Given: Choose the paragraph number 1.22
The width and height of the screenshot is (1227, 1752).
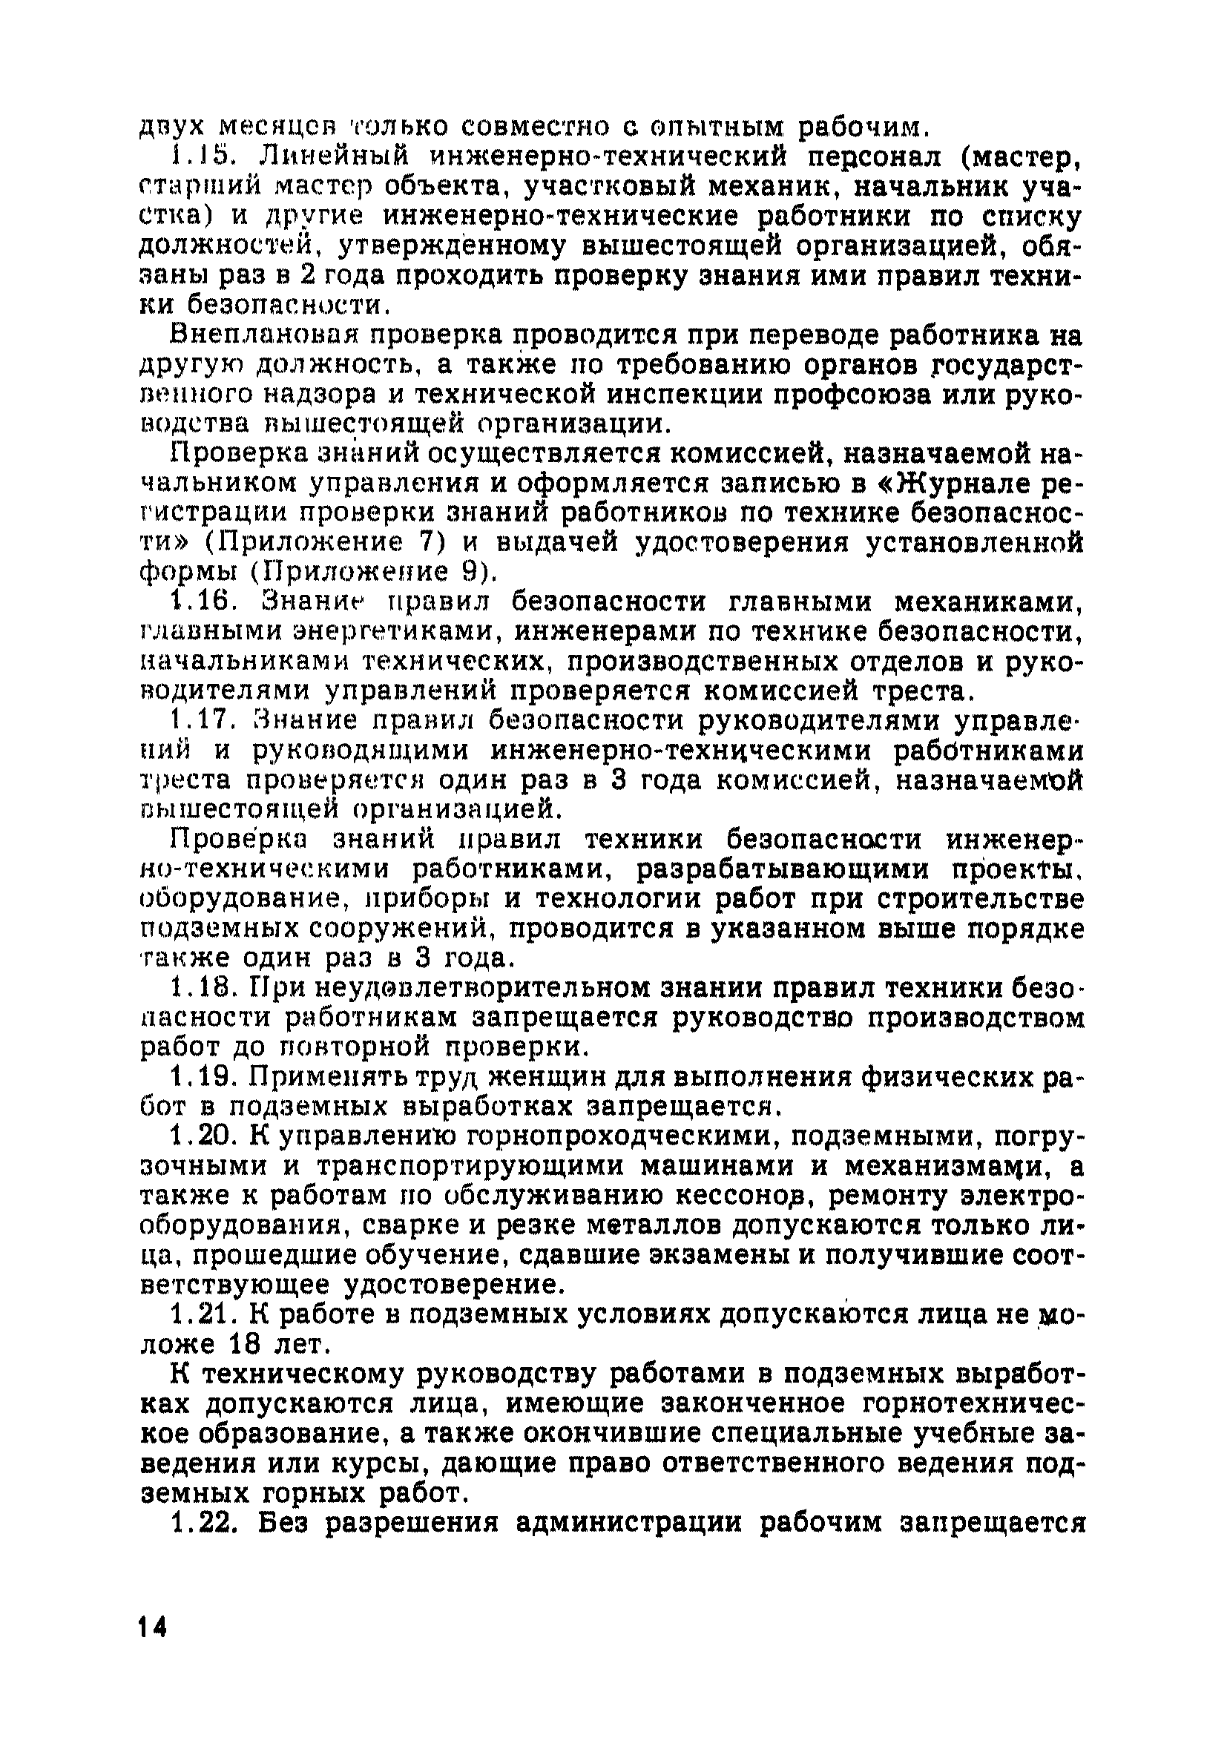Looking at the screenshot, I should coord(201,1522).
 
